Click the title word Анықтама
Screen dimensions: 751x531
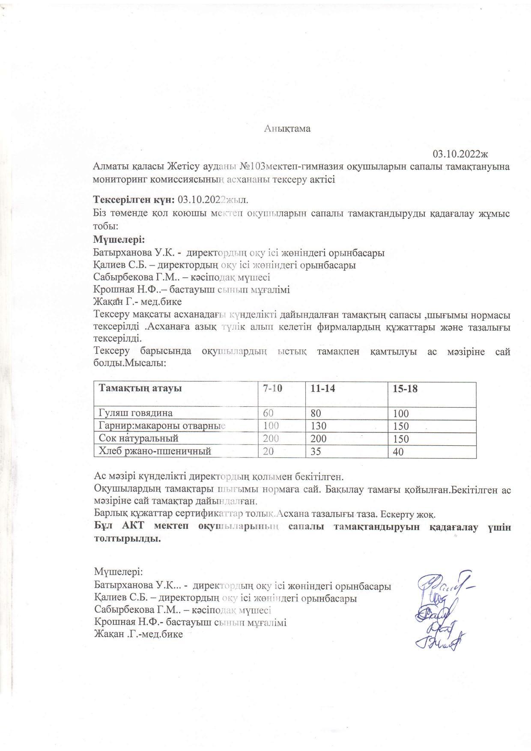(x=286, y=129)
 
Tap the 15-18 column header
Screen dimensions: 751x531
(x=405, y=389)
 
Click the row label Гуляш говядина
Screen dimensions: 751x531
(x=136, y=413)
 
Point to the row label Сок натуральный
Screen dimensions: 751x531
(x=138, y=438)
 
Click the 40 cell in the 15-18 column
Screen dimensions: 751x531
(x=398, y=452)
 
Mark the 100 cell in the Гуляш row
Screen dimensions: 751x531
(x=401, y=414)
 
